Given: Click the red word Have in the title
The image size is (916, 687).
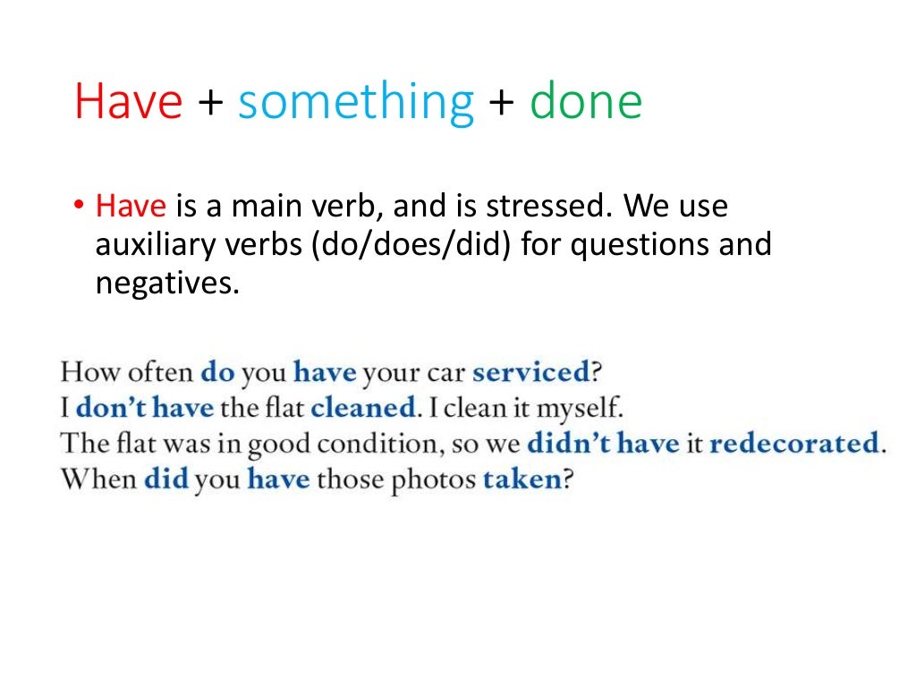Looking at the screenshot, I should click(x=129, y=103).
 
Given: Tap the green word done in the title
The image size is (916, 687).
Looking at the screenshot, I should click(x=586, y=103).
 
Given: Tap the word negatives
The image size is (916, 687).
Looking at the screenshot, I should click(x=168, y=284).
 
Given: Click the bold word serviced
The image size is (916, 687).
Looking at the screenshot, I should click(x=530, y=371).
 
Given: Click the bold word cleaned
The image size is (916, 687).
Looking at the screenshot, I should click(x=363, y=407).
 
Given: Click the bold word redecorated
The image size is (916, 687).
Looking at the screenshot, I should click(x=793, y=443).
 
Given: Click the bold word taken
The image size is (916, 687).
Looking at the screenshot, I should click(x=522, y=479).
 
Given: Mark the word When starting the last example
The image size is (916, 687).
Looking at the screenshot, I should click(x=98, y=479).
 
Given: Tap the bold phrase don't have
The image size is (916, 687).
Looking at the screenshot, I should click(x=145, y=407).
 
